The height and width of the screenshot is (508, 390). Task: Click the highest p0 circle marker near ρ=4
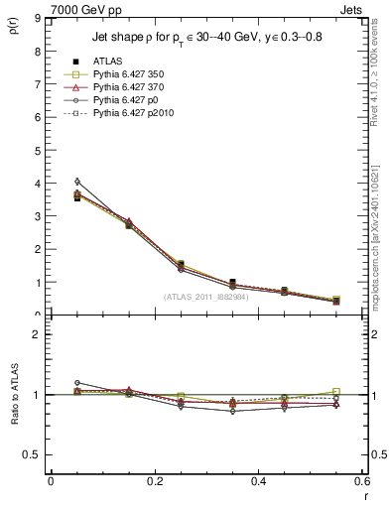pyautogui.click(x=77, y=182)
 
